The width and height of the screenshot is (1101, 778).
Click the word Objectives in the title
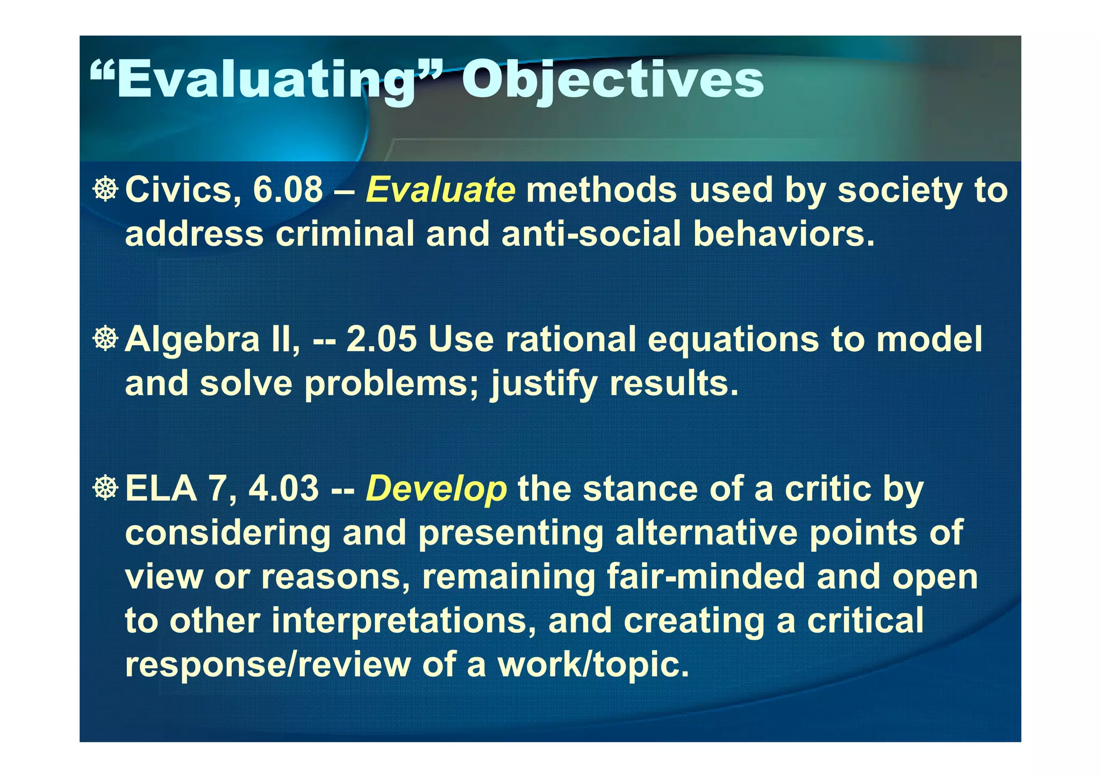[x=612, y=80]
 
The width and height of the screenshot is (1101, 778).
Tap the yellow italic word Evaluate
[x=440, y=190]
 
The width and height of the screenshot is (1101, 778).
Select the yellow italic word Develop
[x=436, y=489]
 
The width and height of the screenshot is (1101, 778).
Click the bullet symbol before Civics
[x=105, y=189]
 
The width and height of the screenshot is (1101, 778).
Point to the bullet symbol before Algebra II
[x=105, y=339]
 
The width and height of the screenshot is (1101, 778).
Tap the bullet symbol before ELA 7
[x=105, y=488]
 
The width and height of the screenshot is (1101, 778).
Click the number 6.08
[x=288, y=190]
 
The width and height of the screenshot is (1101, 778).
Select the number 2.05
[x=381, y=339]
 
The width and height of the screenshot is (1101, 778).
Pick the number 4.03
[x=284, y=489]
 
